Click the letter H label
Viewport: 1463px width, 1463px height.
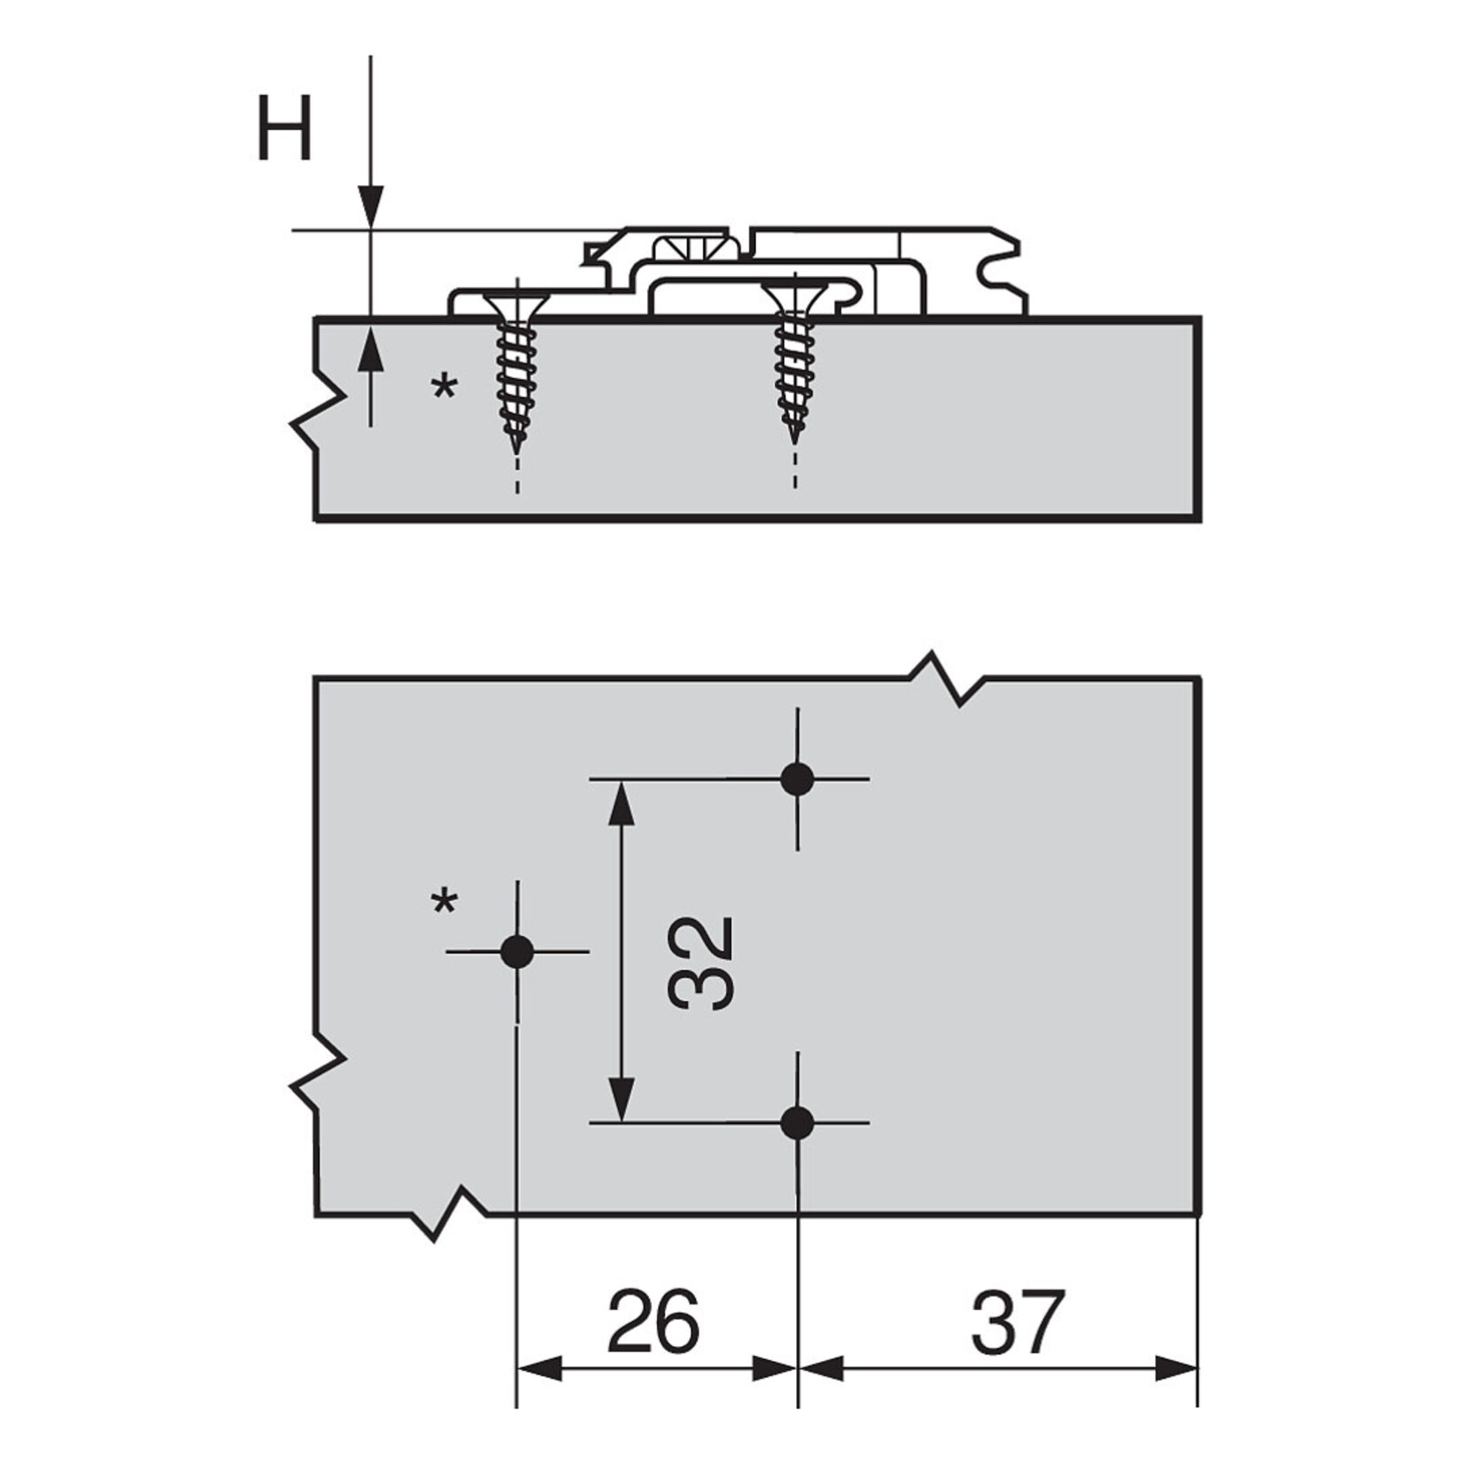[283, 130]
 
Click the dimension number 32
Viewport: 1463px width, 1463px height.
[700, 964]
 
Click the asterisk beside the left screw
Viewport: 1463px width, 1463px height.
[444, 388]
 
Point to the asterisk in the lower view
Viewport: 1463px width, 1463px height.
[444, 904]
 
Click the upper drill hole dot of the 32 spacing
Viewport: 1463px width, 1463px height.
[797, 779]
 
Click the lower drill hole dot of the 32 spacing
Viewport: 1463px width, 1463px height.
[797, 1123]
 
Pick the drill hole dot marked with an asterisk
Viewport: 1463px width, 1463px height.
[517, 952]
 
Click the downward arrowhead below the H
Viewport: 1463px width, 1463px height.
[371, 208]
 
